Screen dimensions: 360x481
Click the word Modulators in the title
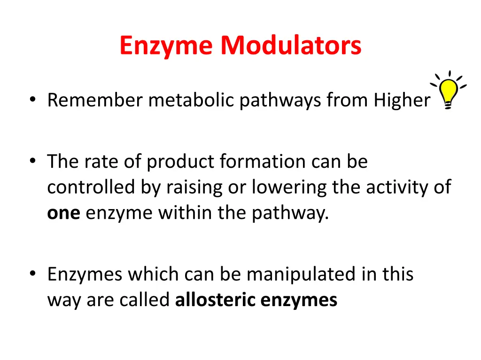click(x=291, y=46)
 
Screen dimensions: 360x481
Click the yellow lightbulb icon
click(x=449, y=91)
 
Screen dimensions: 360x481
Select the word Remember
click(x=95, y=100)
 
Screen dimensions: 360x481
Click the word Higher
click(x=402, y=100)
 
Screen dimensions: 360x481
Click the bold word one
click(x=64, y=214)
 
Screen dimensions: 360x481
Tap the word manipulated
click(x=302, y=274)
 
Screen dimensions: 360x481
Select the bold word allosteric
click(x=215, y=300)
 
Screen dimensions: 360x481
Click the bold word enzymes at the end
click(x=299, y=300)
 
